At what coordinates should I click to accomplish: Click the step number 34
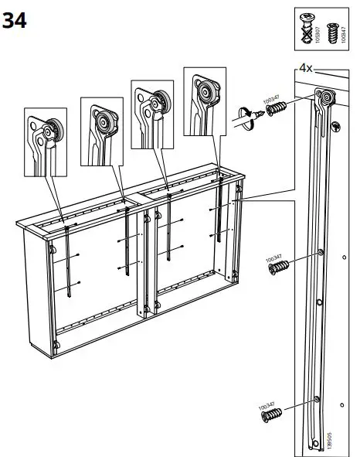[x=15, y=21]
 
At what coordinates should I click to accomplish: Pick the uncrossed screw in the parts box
[x=334, y=33]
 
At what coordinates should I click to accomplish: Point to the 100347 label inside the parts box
[x=344, y=34]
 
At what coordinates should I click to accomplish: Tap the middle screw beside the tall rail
[x=279, y=267]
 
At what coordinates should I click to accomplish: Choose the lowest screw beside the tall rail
[x=274, y=414]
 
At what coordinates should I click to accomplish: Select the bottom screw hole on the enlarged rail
[x=316, y=399]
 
